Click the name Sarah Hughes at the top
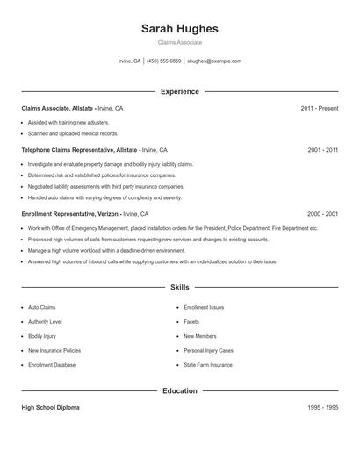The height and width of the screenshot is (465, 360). [179, 29]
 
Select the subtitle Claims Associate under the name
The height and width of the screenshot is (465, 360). [179, 42]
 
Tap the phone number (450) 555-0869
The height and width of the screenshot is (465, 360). [164, 61]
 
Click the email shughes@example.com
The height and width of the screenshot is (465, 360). [214, 61]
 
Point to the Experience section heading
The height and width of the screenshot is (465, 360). [179, 91]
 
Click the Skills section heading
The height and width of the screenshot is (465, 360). [179, 287]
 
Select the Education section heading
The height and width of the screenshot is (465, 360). [179, 390]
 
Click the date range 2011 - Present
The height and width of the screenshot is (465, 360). [319, 108]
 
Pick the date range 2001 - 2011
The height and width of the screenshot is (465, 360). [322, 150]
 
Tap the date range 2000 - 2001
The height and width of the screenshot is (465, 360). [322, 213]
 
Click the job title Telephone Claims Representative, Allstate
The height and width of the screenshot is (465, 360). [79, 150]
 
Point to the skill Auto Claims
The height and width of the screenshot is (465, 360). [42, 308]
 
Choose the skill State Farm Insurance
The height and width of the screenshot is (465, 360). [208, 364]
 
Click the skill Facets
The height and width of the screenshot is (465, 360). [192, 322]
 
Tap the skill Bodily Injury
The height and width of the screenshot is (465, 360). [42, 336]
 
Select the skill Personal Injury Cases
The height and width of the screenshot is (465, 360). [208, 350]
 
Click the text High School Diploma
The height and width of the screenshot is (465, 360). [50, 408]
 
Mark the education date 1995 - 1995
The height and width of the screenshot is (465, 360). [322, 408]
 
